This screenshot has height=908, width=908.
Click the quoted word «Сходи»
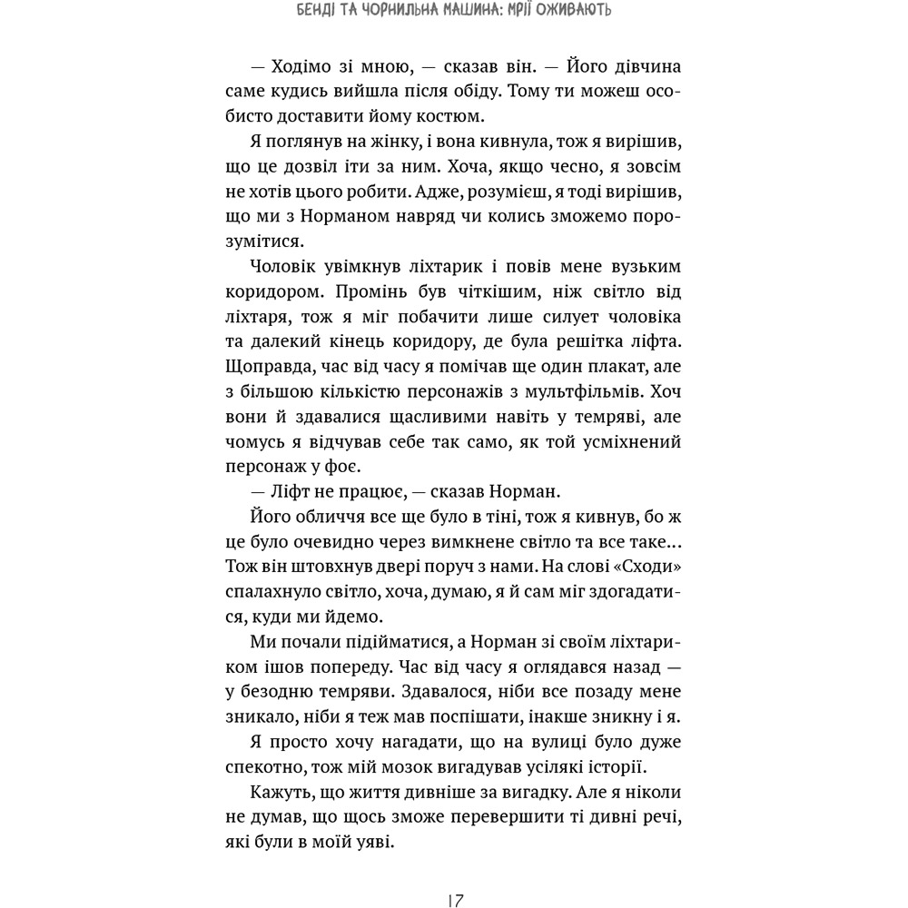(x=645, y=565)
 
